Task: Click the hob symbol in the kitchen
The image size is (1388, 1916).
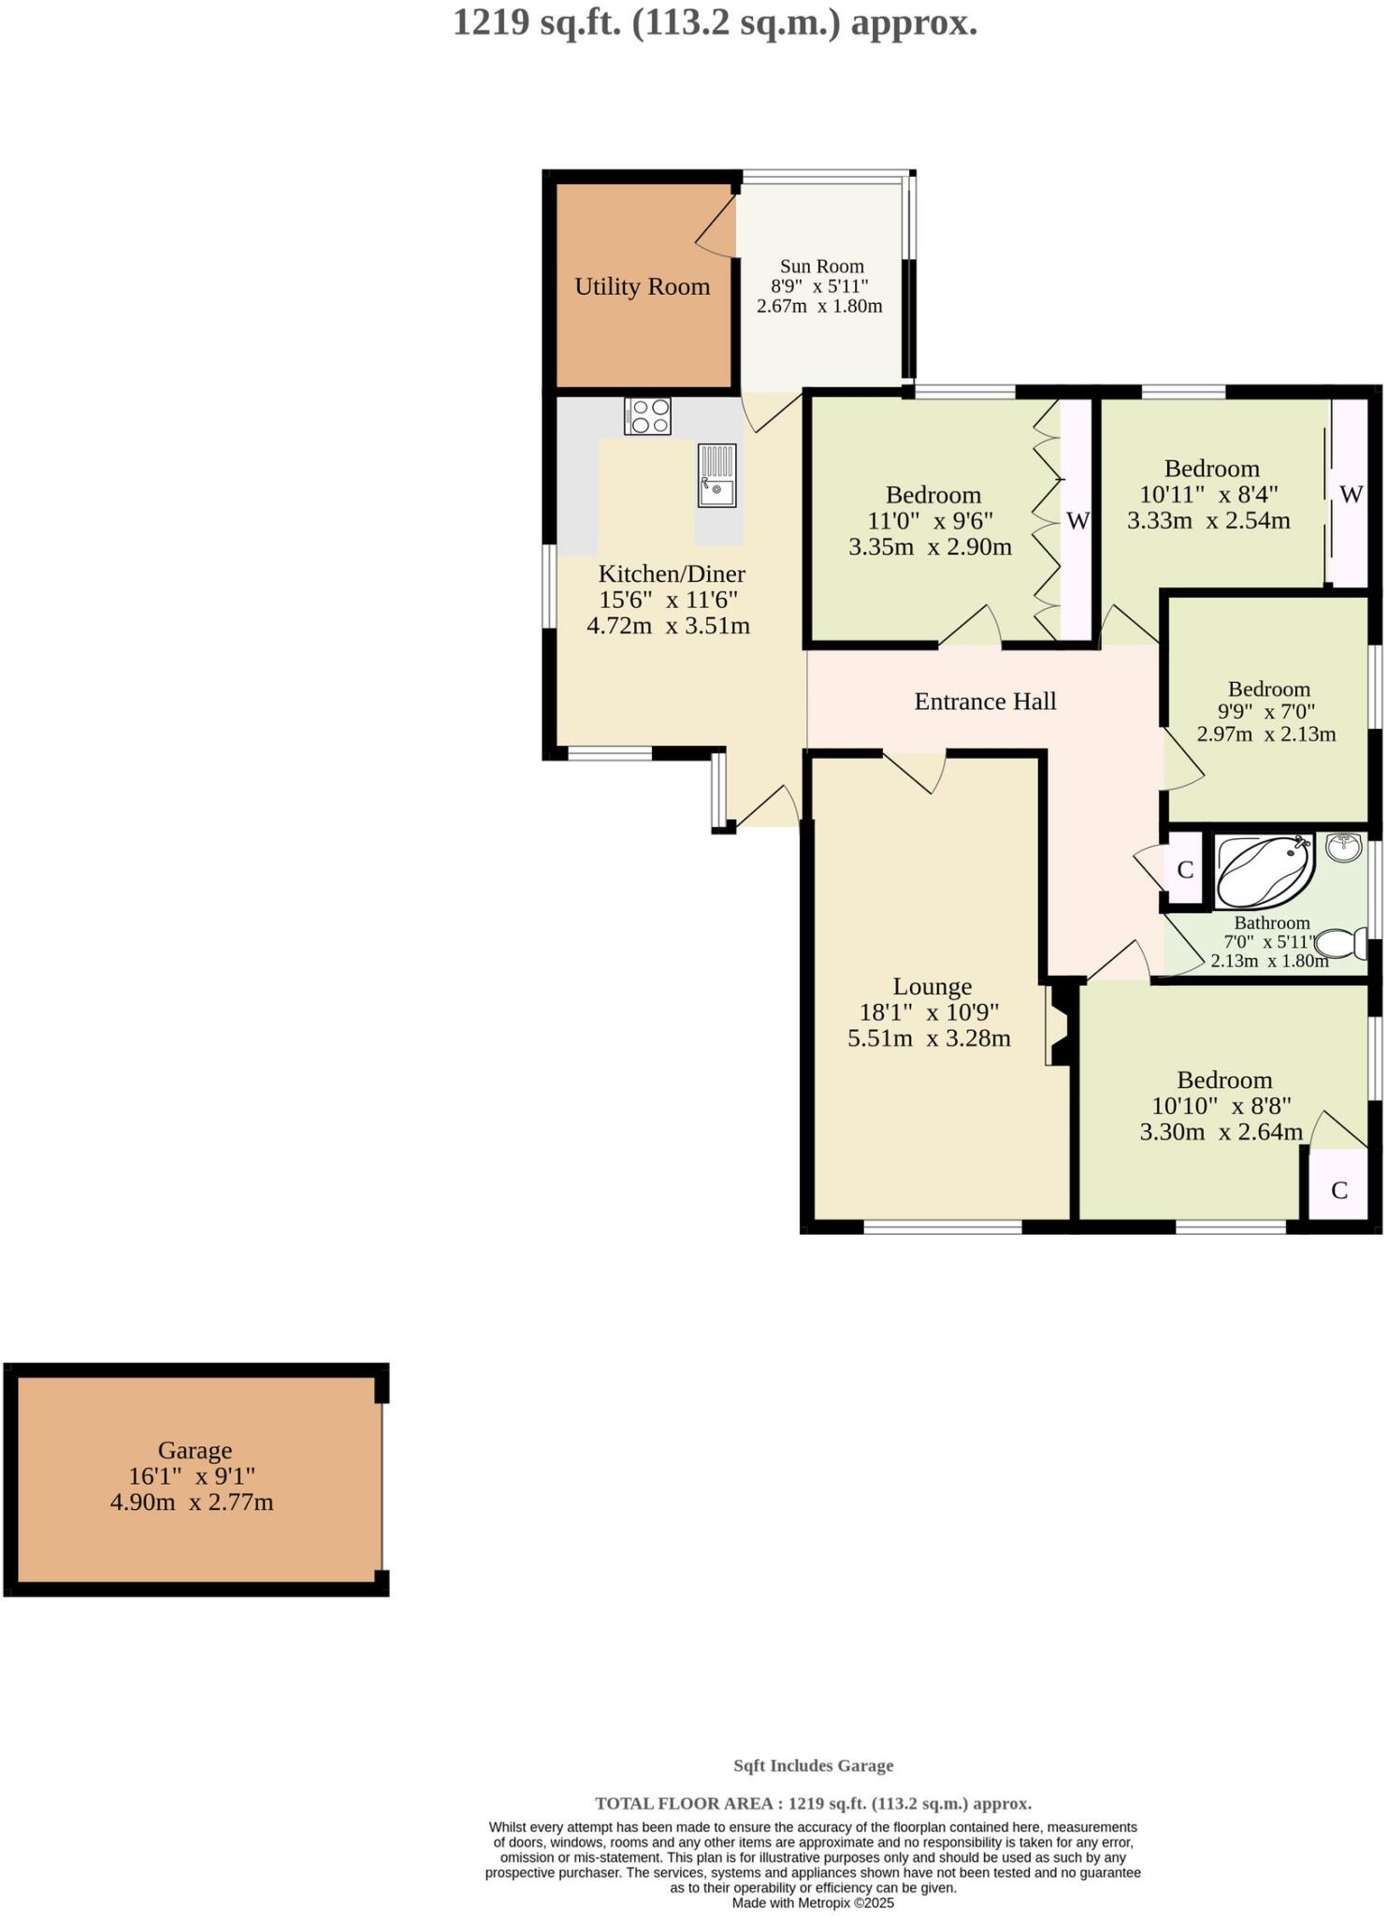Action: [x=647, y=416]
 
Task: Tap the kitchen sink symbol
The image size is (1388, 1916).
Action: [x=716, y=475]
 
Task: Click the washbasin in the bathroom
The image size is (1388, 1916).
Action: [x=1344, y=849]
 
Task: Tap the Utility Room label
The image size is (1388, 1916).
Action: [x=642, y=287]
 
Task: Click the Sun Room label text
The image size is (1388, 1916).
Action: [x=821, y=267]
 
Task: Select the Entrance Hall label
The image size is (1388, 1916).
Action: [x=985, y=702]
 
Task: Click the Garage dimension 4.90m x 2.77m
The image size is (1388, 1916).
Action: [x=192, y=1503]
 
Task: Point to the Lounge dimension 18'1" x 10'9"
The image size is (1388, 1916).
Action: [x=929, y=1012]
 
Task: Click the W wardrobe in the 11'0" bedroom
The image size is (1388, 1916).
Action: [x=1077, y=521]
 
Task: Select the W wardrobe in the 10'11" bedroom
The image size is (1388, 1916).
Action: [x=1351, y=495]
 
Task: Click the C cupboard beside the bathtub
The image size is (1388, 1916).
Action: [x=1184, y=870]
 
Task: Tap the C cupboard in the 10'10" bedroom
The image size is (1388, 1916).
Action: [x=1338, y=1190]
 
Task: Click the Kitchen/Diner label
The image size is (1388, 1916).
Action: [x=671, y=574]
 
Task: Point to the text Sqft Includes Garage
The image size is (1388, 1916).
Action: [x=813, y=1765]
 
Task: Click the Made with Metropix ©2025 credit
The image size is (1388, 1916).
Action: [x=813, y=1903]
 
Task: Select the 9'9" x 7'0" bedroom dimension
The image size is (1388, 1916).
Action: [x=1267, y=711]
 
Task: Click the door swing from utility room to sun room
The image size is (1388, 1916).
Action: [x=716, y=225]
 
